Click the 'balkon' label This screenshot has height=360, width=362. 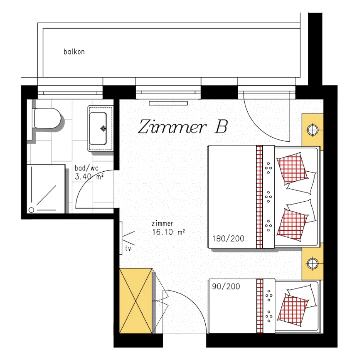[74, 52]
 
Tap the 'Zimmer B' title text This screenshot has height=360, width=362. [183, 126]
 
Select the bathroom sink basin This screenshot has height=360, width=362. [98, 128]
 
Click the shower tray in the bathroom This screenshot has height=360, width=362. [46, 189]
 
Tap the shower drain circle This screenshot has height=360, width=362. [31, 210]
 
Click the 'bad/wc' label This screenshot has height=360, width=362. [87, 168]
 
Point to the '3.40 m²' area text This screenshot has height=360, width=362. [89, 177]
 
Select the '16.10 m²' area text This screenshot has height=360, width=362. [169, 232]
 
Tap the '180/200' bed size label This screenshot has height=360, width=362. [228, 239]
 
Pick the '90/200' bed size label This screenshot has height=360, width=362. [226, 286]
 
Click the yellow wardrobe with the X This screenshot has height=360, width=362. [136, 301]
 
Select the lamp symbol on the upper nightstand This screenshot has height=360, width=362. [313, 130]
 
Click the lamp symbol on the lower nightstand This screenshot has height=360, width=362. [313, 263]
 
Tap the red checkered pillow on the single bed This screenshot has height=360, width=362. [292, 310]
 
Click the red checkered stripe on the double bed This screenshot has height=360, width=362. [260, 197]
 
